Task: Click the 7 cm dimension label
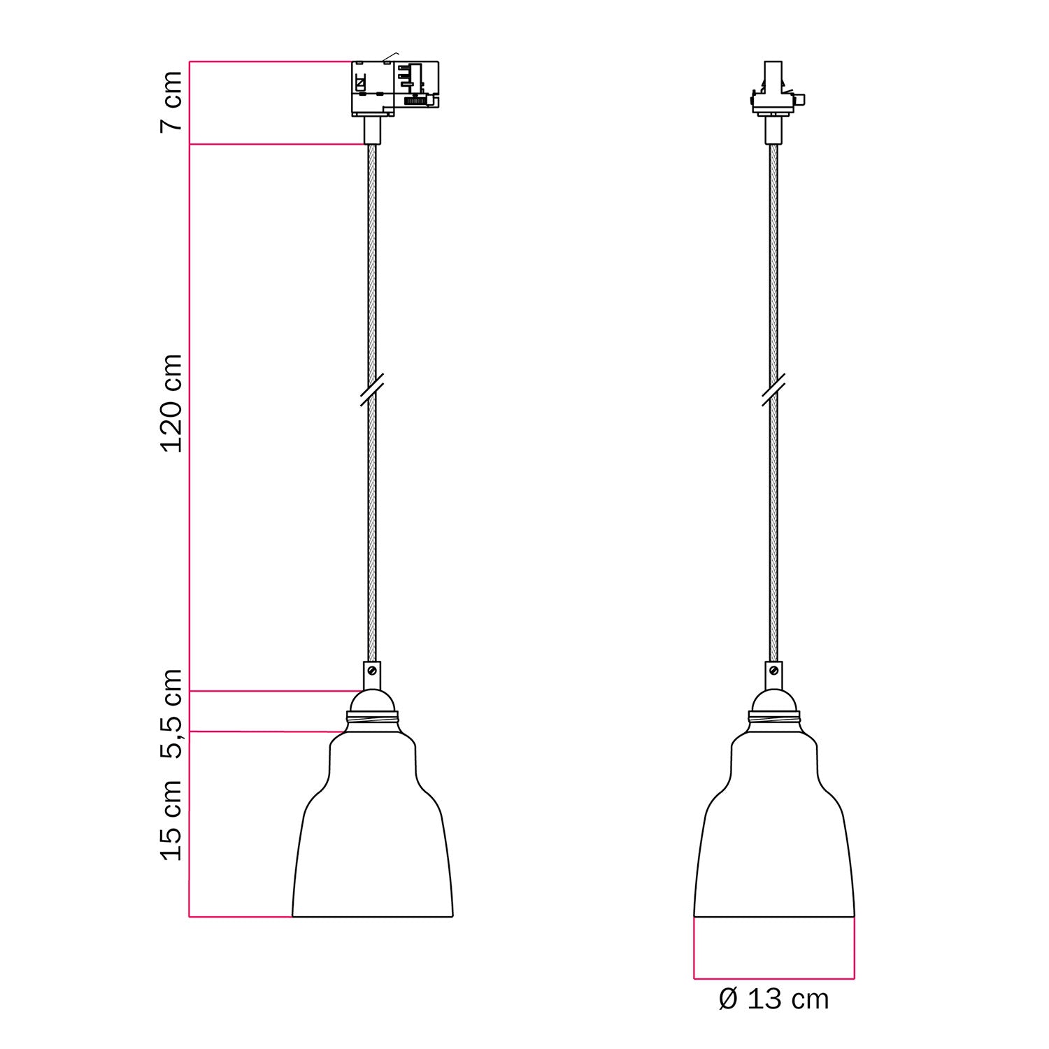point(171,101)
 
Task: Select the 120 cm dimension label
point(171,404)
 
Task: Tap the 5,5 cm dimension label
point(171,713)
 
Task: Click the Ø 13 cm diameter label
point(773,999)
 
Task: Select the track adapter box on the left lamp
point(394,88)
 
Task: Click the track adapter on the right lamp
point(773,91)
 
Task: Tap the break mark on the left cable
point(372,389)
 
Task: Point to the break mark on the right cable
point(773,389)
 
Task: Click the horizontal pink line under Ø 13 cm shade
point(773,978)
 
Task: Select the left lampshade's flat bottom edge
point(372,916)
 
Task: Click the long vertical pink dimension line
point(190,420)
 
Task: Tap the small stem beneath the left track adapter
point(372,130)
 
